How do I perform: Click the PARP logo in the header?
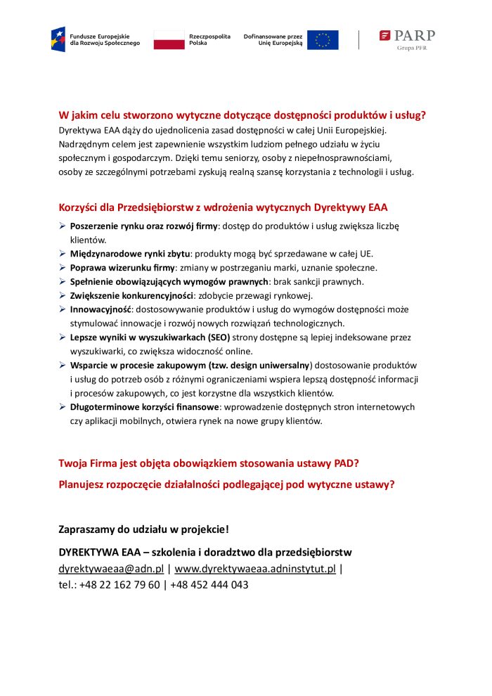click(x=408, y=37)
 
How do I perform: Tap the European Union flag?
click(x=323, y=40)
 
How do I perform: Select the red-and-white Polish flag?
click(x=168, y=40)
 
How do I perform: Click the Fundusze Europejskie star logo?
click(x=58, y=39)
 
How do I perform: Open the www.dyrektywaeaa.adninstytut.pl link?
click(x=254, y=569)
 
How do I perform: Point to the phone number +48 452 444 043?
click(x=209, y=584)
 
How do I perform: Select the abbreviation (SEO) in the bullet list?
click(x=214, y=337)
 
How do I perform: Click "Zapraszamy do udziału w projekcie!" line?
click(x=143, y=529)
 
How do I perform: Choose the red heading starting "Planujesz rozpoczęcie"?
click(x=226, y=484)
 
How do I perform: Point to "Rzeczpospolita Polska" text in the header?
click(x=209, y=39)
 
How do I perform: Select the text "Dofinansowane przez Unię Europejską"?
click(x=273, y=39)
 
